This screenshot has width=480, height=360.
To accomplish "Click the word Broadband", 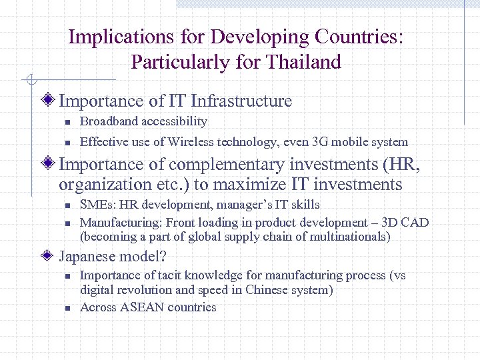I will [107, 121].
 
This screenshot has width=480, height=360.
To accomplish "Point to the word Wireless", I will [190, 141].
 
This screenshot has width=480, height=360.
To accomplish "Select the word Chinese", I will [267, 289].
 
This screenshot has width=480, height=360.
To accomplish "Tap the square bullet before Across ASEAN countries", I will [67, 308].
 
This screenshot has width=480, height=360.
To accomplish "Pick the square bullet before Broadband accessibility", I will [67, 122].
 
